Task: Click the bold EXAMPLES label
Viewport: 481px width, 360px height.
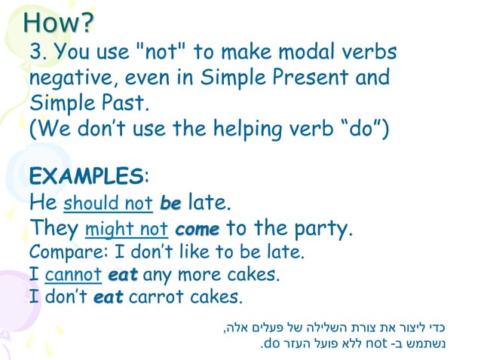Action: pyautogui.click(x=86, y=177)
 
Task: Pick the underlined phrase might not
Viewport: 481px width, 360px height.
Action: pyautogui.click(x=128, y=228)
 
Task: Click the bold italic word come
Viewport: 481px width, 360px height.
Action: pyautogui.click(x=198, y=228)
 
